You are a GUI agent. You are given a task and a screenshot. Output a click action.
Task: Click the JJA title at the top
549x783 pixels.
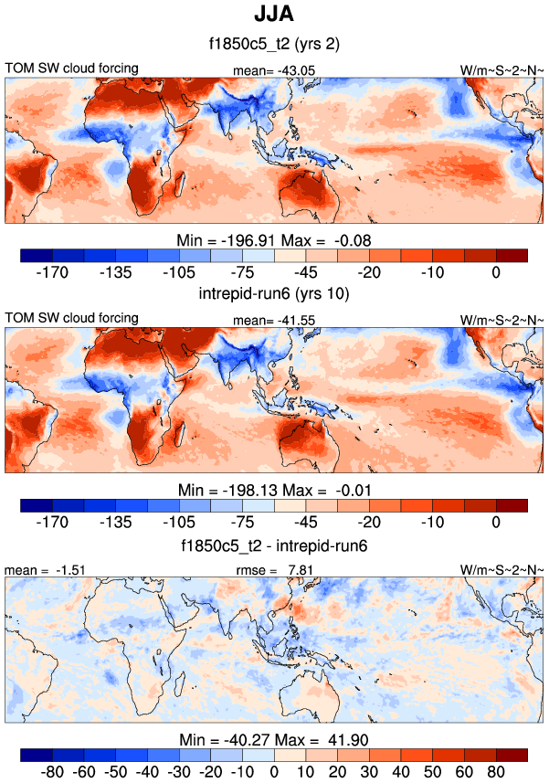click(273, 16)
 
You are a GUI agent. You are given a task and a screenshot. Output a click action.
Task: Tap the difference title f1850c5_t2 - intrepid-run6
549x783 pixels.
click(273, 546)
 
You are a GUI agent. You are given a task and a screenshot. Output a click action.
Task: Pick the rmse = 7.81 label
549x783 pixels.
click(274, 570)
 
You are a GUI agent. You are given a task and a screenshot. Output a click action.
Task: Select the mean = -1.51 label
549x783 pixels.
click(36, 570)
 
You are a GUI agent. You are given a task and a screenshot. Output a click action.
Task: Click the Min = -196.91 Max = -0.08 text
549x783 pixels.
click(273, 239)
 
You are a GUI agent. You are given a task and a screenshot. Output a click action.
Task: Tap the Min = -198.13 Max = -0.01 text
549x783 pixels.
click(273, 489)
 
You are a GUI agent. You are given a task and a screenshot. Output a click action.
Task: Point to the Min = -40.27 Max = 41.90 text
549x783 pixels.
click(273, 739)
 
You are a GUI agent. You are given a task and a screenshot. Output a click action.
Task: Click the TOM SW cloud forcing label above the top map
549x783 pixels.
click(72, 69)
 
